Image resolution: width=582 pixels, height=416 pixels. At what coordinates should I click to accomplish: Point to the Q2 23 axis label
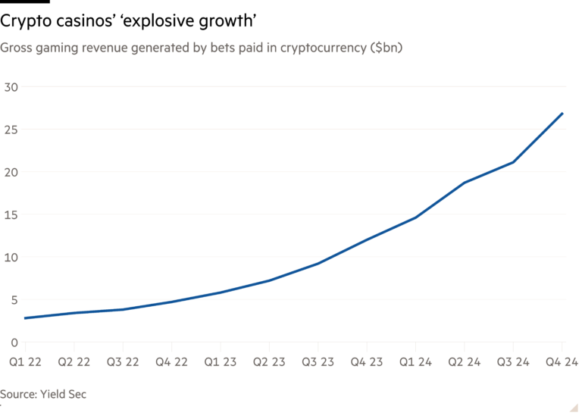(268, 363)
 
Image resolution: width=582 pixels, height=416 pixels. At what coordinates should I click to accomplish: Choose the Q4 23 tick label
(367, 363)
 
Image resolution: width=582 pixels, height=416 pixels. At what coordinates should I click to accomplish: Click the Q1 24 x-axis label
(416, 363)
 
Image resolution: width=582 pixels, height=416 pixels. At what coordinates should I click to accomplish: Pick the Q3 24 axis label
(515, 363)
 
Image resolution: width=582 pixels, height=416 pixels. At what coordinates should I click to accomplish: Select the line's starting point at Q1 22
(24, 318)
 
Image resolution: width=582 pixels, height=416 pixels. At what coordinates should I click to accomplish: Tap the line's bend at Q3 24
(515, 161)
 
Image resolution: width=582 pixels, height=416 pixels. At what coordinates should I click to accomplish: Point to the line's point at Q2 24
(465, 182)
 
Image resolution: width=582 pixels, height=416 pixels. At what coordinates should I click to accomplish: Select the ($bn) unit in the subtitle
(386, 48)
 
